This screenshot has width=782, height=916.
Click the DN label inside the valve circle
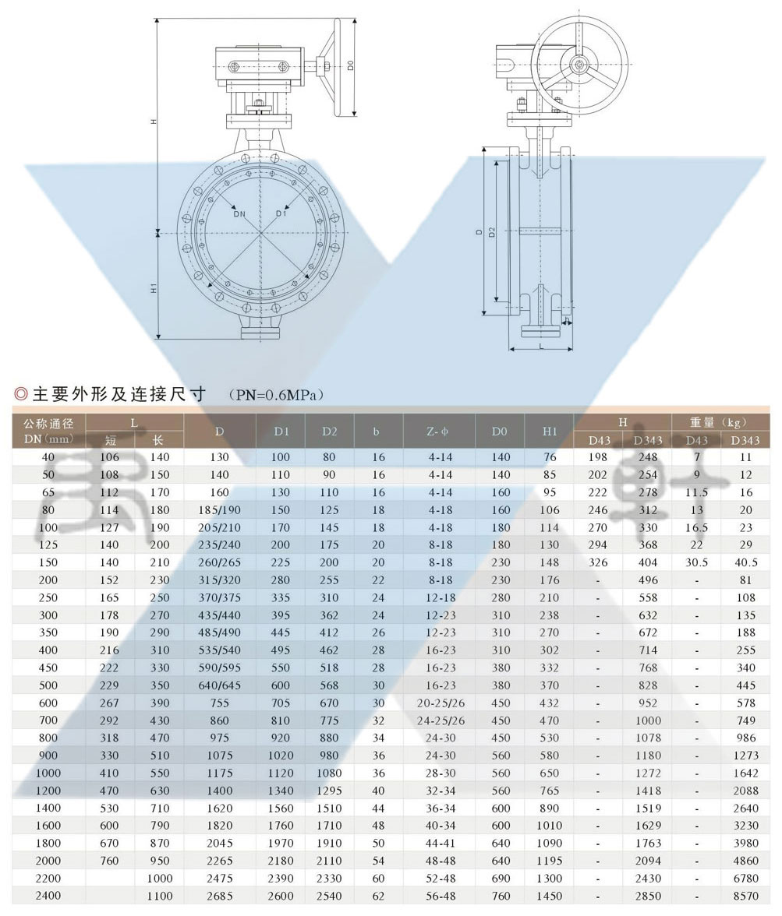point(240,213)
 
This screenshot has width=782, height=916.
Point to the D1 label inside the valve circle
point(281,213)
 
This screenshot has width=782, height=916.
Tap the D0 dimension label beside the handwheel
point(351,65)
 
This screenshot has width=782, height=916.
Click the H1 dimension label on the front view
point(154,287)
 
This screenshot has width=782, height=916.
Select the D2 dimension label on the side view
point(492,232)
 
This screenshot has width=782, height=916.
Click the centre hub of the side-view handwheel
point(579,65)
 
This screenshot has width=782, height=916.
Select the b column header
point(376,432)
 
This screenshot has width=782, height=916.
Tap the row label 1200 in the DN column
point(48,791)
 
